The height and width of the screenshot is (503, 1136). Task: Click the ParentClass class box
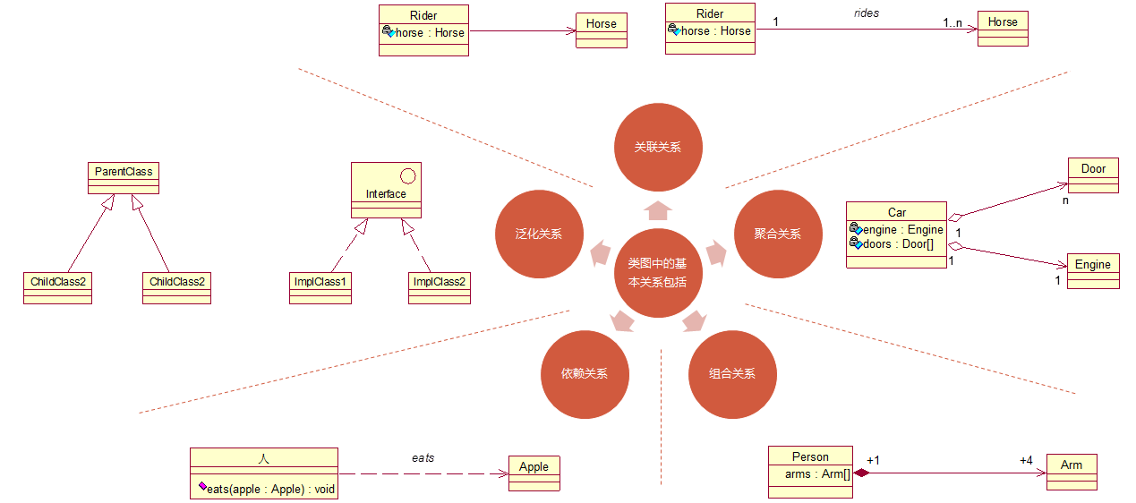[124, 178]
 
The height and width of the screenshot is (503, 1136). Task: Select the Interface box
[386, 190]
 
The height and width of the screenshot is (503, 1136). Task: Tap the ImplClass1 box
[320, 287]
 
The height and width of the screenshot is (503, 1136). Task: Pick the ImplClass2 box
[439, 287]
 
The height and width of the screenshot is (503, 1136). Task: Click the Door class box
[1093, 175]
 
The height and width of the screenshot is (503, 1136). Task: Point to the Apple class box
[534, 473]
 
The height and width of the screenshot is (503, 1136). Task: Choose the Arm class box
[1071, 471]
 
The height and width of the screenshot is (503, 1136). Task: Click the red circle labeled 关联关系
[658, 147]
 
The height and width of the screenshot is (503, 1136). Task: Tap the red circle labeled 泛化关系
[539, 234]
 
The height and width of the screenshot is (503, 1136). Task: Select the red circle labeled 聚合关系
[778, 234]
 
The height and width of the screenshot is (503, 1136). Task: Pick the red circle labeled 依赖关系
[585, 373]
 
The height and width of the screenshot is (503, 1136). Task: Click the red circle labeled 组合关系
[731, 373]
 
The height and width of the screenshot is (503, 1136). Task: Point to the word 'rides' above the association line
[866, 13]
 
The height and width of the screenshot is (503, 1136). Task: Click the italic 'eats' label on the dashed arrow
[423, 457]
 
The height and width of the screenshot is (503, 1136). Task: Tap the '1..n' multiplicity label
[952, 22]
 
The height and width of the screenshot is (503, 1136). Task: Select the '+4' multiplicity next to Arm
[1026, 460]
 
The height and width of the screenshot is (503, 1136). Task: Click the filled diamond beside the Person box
[861, 473]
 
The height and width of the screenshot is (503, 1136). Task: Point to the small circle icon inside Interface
[405, 175]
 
